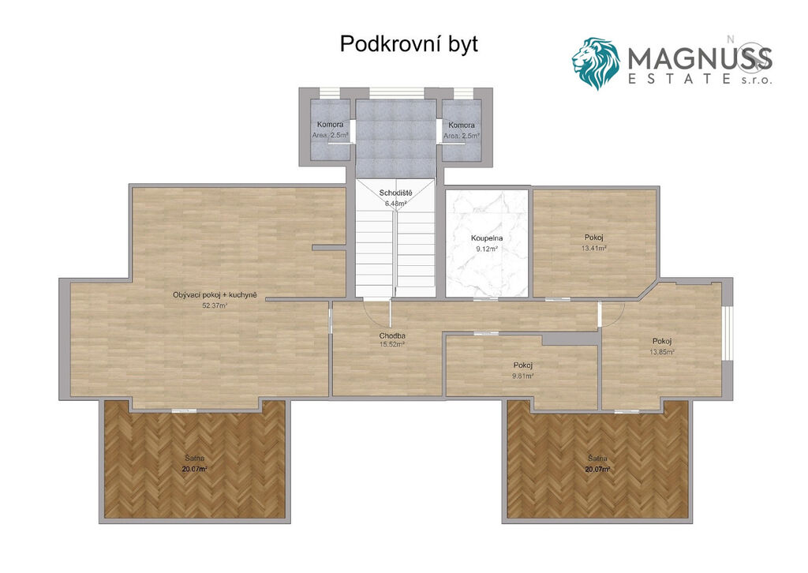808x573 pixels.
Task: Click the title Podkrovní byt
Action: pyautogui.click(x=409, y=44)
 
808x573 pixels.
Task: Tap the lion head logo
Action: pyautogui.click(x=596, y=63)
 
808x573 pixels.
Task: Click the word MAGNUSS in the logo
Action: pyautogui.click(x=700, y=58)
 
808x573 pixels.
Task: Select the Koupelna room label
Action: pyautogui.click(x=487, y=238)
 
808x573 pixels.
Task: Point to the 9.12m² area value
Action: pyautogui.click(x=487, y=249)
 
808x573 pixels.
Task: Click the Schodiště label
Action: pyautogui.click(x=396, y=193)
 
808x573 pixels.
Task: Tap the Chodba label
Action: pyautogui.click(x=392, y=335)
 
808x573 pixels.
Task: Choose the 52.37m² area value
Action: pyautogui.click(x=215, y=305)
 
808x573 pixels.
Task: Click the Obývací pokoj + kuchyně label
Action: pyautogui.click(x=215, y=295)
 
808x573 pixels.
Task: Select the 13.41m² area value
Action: pyautogui.click(x=593, y=247)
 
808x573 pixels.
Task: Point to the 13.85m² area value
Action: pyautogui.click(x=662, y=352)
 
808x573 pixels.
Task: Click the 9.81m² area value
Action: pyautogui.click(x=522, y=376)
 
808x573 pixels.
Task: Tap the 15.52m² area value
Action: pyautogui.click(x=392, y=345)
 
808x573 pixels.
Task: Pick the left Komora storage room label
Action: pyautogui.click(x=331, y=125)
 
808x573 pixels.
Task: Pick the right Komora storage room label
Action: pyautogui.click(x=462, y=125)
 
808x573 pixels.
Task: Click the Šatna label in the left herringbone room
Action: pyautogui.click(x=195, y=458)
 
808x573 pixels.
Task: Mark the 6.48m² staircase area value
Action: pyautogui.click(x=396, y=203)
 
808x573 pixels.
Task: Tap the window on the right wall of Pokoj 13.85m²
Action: pyautogui.click(x=727, y=332)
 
